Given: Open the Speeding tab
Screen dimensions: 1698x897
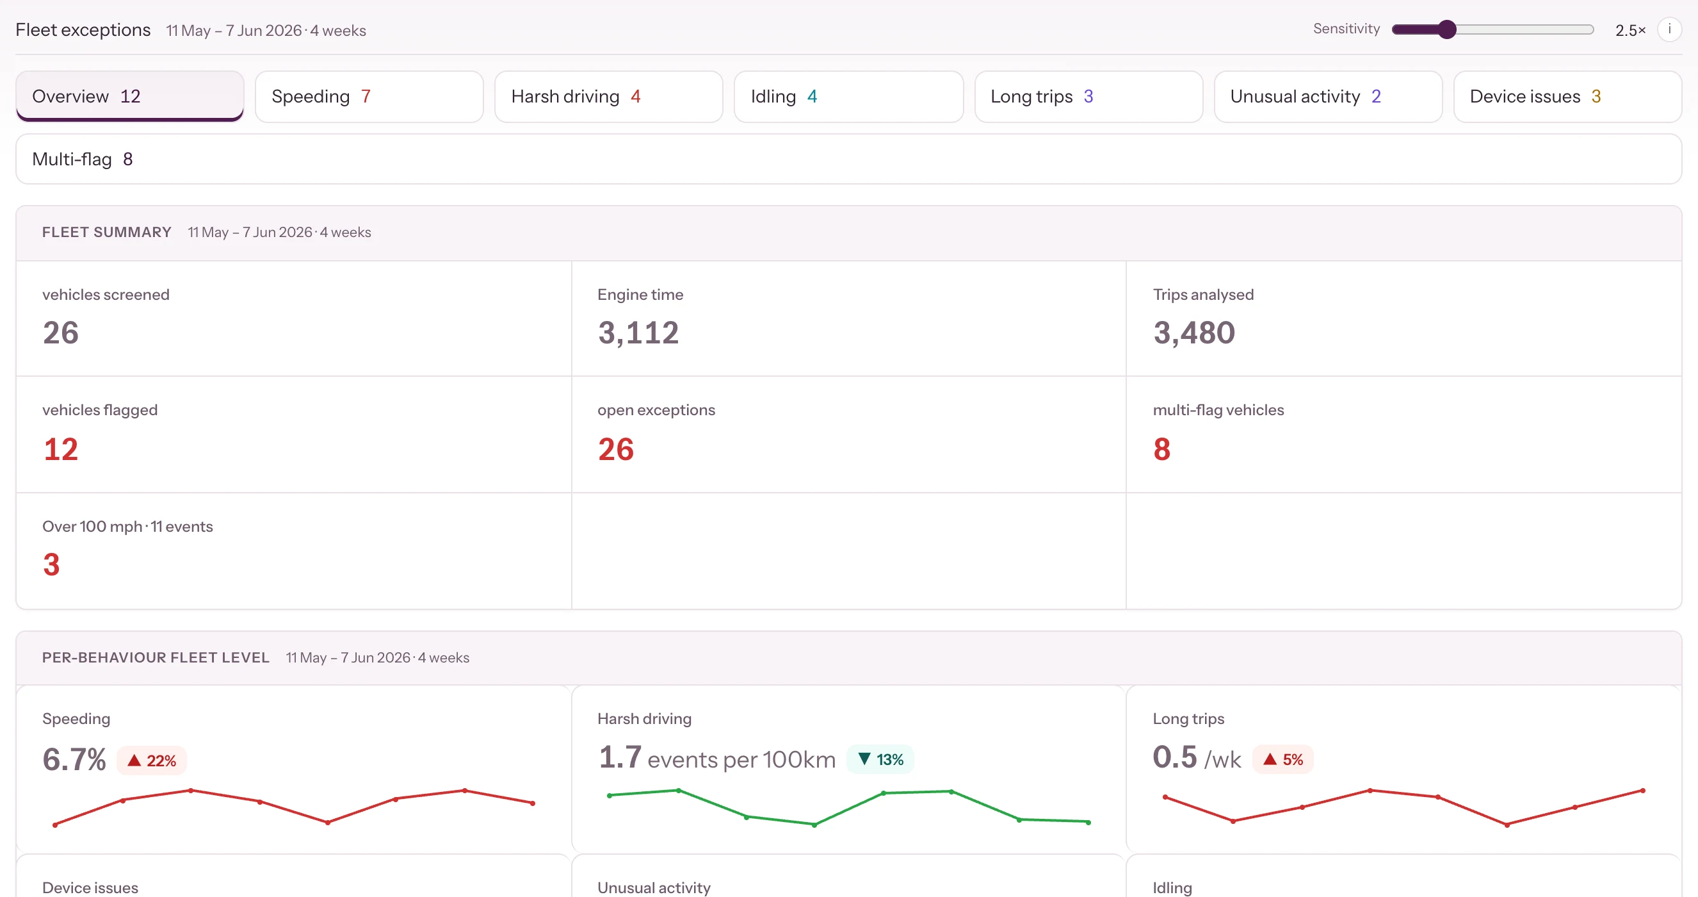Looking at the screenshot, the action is click(x=369, y=96).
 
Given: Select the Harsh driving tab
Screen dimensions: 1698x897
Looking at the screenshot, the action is click(x=608, y=96).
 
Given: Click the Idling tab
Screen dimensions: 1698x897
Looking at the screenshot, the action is click(x=848, y=96).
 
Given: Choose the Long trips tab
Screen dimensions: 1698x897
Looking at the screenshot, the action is click(x=1088, y=96).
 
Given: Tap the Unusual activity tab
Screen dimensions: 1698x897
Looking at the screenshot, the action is click(x=1327, y=96).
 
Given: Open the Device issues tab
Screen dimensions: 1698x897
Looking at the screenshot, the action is click(x=1567, y=96).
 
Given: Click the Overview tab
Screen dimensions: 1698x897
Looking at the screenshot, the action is click(x=130, y=96).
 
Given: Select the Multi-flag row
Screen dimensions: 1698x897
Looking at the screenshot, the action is click(x=849, y=159).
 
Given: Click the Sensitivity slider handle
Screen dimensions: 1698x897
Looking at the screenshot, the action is click(x=1446, y=29).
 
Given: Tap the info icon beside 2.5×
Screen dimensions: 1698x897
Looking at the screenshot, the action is click(x=1669, y=29).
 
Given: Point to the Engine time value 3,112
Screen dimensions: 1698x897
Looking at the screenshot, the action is click(x=638, y=333).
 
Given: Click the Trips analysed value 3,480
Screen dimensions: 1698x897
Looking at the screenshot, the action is click(x=1193, y=333).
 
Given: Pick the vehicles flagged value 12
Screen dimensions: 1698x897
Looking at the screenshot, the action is click(x=61, y=449).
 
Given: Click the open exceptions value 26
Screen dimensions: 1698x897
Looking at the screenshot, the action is click(x=616, y=449).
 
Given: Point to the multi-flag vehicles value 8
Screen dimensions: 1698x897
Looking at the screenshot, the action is click(x=1161, y=449).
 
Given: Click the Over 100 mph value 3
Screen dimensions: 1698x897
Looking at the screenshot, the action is click(x=51, y=564).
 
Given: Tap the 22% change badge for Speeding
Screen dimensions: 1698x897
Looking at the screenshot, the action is click(x=152, y=761).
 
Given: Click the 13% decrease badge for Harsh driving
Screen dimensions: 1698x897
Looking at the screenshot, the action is click(x=880, y=759).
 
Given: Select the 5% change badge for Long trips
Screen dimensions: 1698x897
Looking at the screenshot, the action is click(x=1282, y=759).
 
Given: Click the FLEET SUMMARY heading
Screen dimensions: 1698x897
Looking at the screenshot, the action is click(x=107, y=232).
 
